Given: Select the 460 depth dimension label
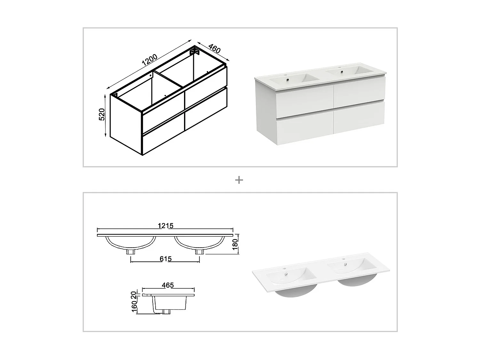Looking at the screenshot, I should click(214, 48).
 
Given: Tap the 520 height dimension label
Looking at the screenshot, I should click(102, 114).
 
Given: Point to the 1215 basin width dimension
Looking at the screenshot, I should click(165, 226).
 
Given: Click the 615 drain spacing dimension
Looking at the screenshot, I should click(165, 259).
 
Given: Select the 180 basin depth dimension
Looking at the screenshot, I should click(235, 244).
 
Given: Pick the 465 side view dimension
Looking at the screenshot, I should click(168, 285).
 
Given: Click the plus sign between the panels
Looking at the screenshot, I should click(239, 180).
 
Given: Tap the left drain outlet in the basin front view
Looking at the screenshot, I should click(131, 252).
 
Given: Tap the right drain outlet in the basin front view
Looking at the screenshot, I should click(199, 252).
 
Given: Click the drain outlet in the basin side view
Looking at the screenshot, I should click(166, 311).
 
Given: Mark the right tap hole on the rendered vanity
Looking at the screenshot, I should click(340, 68).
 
